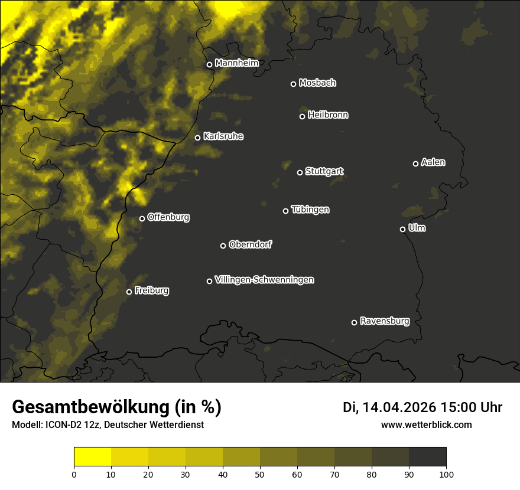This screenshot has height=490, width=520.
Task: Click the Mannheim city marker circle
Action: click(x=209, y=65)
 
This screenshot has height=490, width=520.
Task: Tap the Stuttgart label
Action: click(x=324, y=172)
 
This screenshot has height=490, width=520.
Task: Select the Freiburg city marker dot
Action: click(x=129, y=292)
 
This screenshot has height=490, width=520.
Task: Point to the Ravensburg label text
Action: click(x=385, y=322)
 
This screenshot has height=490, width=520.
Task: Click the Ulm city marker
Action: click(x=402, y=229)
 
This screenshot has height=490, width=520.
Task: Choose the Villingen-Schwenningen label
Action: click(x=265, y=280)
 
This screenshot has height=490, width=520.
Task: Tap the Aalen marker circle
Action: click(x=415, y=164)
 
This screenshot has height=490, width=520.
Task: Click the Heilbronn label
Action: click(x=328, y=115)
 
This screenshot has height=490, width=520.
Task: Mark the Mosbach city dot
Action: click(x=293, y=84)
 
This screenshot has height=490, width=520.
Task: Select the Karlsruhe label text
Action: click(x=223, y=136)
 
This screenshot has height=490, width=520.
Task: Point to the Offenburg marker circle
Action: click(x=142, y=218)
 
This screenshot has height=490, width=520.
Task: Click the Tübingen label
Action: click(x=310, y=210)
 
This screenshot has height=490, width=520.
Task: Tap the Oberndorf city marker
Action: click(x=223, y=246)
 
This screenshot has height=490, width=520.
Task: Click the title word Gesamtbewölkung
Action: click(x=89, y=407)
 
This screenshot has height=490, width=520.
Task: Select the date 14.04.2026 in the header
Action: click(x=399, y=407)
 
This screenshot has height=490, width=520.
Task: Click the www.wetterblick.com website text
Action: click(x=427, y=424)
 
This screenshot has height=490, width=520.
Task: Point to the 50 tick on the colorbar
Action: click(x=260, y=473)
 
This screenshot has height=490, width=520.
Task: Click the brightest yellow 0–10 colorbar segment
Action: click(x=92, y=457)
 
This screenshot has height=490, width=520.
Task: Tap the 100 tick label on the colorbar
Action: click(x=446, y=473)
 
